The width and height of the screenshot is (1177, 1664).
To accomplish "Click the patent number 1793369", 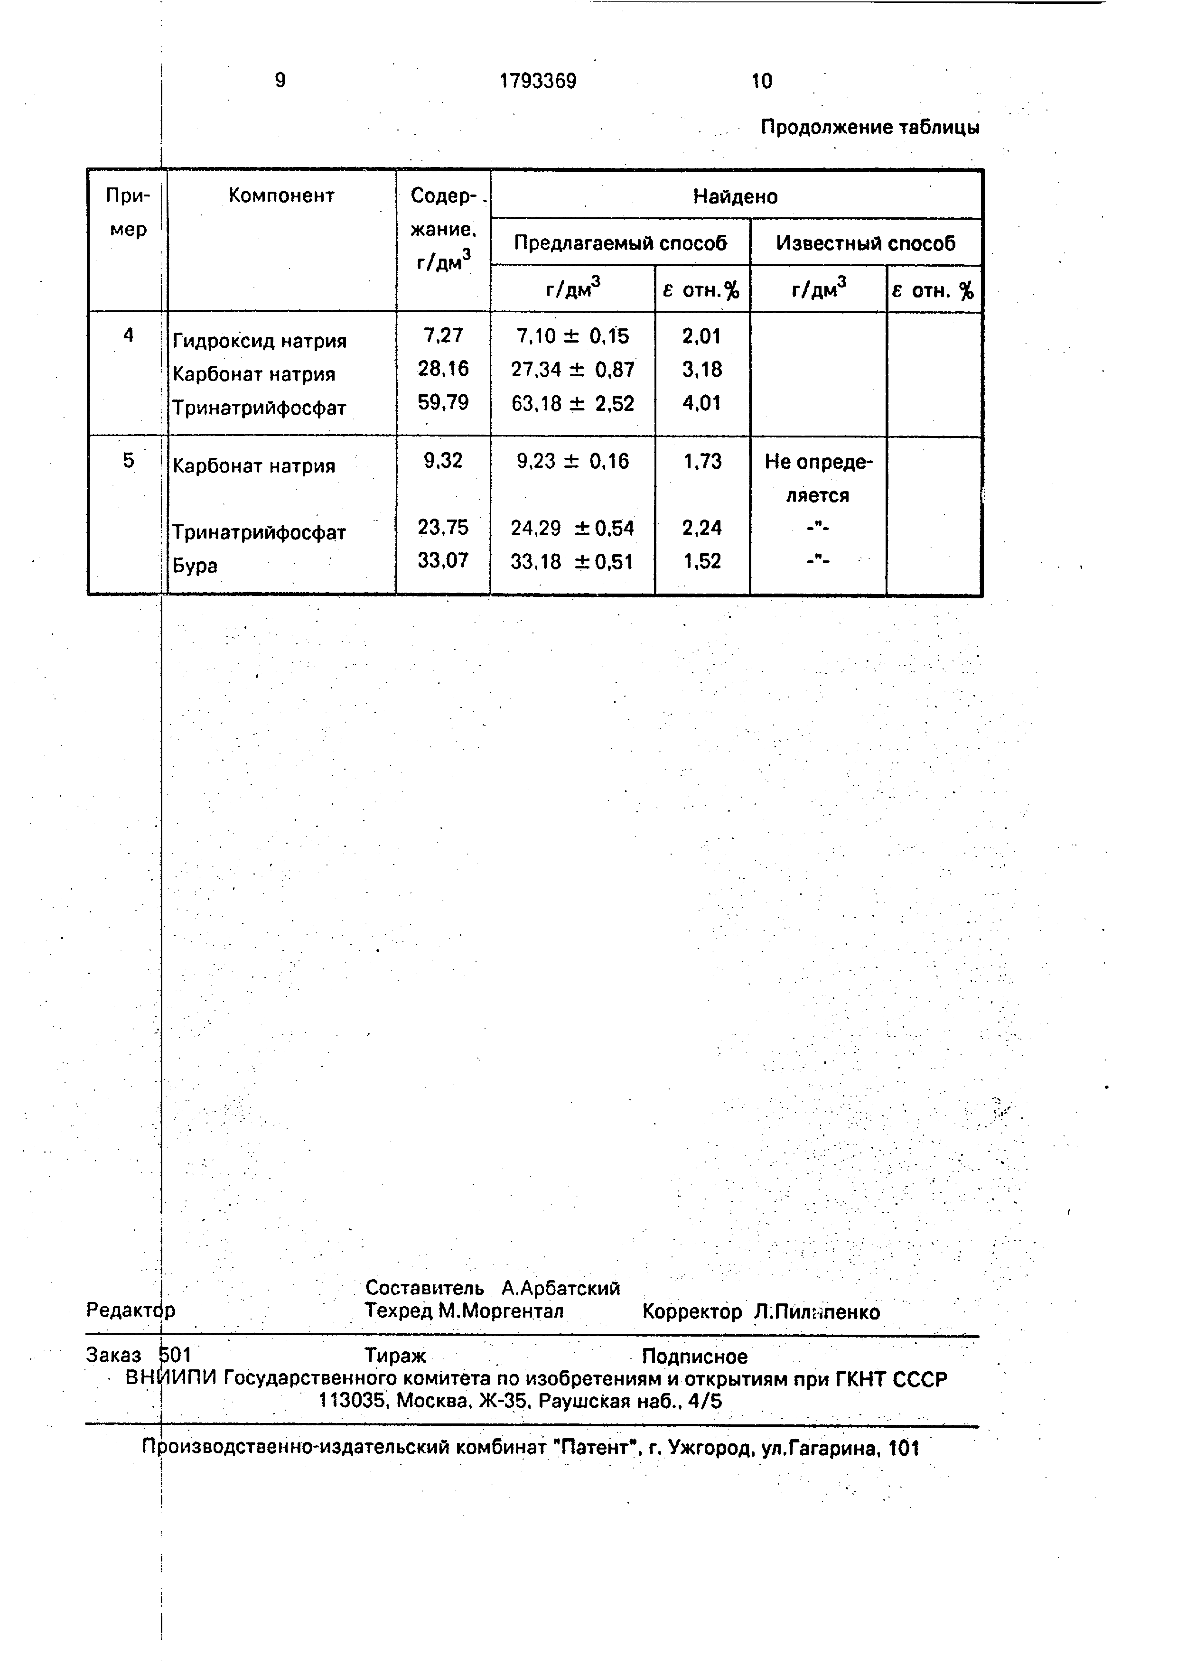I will click(x=538, y=81).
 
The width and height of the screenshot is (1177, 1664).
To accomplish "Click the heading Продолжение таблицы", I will click(x=870, y=128).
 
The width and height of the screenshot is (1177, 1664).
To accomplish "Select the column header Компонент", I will click(x=281, y=195).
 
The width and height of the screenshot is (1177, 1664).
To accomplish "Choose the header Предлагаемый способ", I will click(x=620, y=243).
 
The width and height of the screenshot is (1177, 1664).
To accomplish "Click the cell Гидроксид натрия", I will click(x=260, y=341).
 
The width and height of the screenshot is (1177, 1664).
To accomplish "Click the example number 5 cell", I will click(x=128, y=461).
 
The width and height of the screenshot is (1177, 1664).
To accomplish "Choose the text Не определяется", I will click(x=818, y=478).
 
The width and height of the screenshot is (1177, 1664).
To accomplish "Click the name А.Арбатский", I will click(x=561, y=1288).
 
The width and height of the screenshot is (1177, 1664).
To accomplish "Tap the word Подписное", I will click(x=694, y=1356).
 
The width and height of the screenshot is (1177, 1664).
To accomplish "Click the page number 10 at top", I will click(x=762, y=81).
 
